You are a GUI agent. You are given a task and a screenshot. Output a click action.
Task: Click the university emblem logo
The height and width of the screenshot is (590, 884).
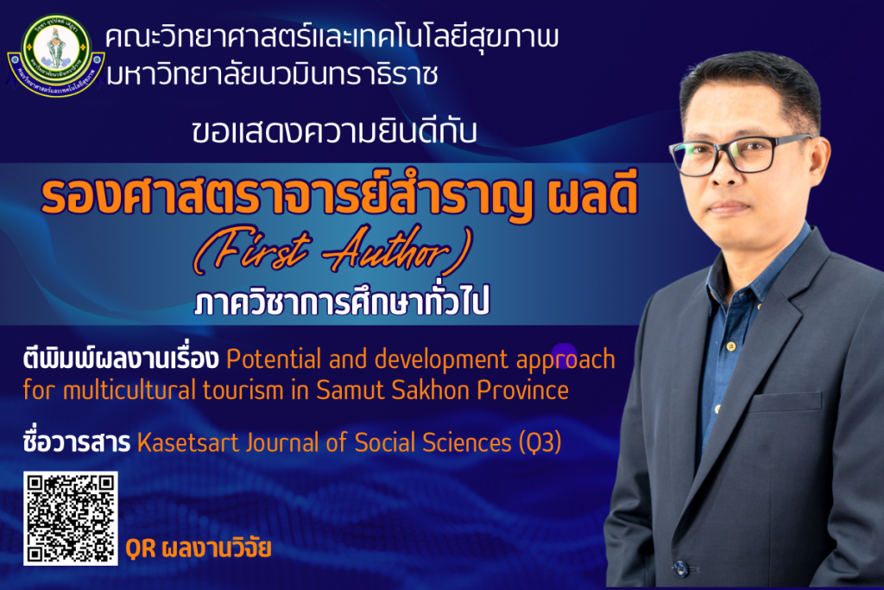pos(55,55)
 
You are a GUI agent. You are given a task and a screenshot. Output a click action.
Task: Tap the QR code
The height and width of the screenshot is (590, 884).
pos(71,518)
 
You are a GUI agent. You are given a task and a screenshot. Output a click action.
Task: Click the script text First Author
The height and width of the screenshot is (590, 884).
pos(332,251)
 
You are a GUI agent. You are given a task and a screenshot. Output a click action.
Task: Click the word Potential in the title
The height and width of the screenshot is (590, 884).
pos(274,359)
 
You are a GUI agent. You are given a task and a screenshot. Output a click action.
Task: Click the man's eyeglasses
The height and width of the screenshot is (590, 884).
pos(740,154)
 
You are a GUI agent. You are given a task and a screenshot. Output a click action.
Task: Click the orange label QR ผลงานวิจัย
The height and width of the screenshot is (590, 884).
pos(199,549)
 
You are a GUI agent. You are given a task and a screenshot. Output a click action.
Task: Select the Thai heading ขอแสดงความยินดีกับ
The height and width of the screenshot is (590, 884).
pos(334,132)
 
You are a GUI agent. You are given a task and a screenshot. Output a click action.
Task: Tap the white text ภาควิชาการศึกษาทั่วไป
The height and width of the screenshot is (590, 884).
pos(342,301)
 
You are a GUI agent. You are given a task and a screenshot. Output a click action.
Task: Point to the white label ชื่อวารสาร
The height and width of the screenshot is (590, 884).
pos(77,441)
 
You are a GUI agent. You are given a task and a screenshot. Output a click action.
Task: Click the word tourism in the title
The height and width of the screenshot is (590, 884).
pos(243,390)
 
